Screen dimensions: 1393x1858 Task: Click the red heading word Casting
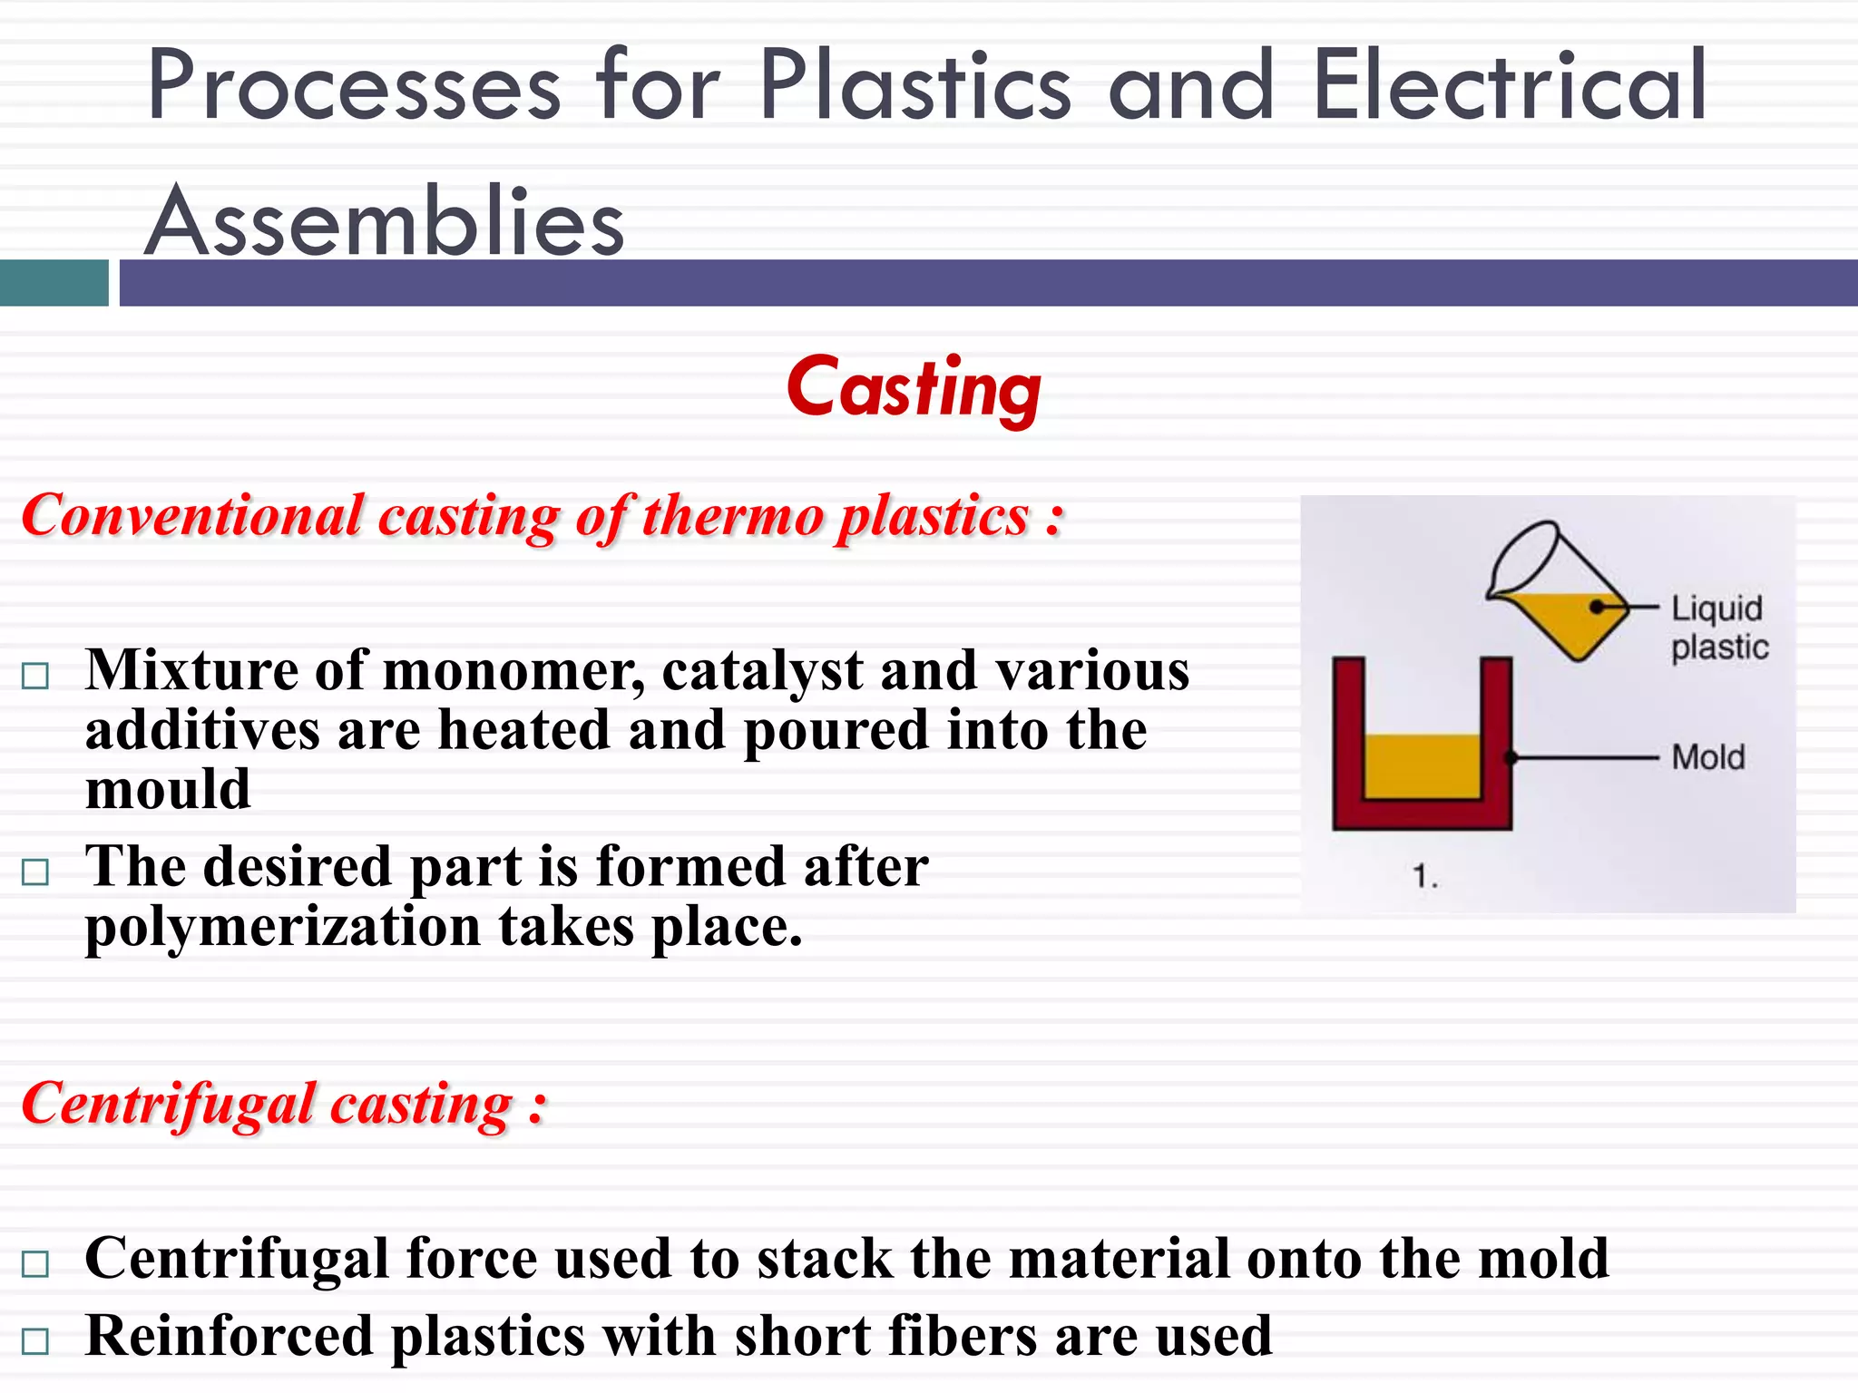(914, 387)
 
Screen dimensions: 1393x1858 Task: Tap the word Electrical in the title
(1510, 86)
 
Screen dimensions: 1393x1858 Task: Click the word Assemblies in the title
(385, 222)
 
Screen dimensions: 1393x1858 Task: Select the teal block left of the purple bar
(54, 283)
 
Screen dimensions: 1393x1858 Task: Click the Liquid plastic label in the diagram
(1718, 628)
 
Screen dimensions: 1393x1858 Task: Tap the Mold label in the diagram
(1707, 757)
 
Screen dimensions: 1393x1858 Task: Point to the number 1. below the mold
(1424, 876)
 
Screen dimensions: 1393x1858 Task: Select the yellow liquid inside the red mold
(1423, 766)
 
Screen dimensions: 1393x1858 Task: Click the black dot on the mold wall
(1511, 757)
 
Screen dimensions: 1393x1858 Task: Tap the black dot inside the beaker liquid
(1597, 607)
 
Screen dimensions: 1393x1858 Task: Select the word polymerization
(283, 928)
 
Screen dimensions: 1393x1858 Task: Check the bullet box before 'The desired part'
(35, 872)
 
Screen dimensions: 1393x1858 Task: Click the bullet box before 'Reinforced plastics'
(35, 1340)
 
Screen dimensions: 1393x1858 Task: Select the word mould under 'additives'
(168, 789)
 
